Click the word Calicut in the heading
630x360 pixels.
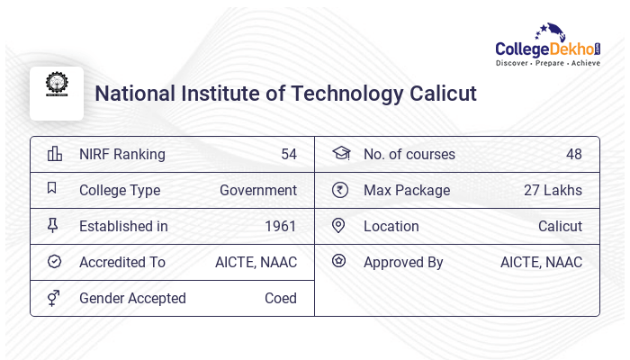point(441,94)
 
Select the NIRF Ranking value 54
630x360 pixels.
point(288,154)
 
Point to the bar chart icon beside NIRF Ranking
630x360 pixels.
point(54,154)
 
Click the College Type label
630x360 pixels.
point(120,190)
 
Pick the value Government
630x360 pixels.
point(258,190)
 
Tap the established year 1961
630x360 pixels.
point(280,226)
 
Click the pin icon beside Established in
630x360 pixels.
point(53,226)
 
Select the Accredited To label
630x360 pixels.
point(122,262)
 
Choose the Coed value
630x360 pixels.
point(280,298)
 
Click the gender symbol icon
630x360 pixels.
point(54,298)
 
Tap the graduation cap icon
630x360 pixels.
point(340,154)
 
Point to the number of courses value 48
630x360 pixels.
point(573,154)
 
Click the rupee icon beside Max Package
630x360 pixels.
point(339,190)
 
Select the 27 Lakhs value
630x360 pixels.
point(553,190)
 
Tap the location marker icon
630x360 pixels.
point(339,226)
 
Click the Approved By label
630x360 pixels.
point(403,262)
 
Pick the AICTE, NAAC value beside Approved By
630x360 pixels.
point(541,262)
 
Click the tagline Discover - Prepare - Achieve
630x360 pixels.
point(547,63)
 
